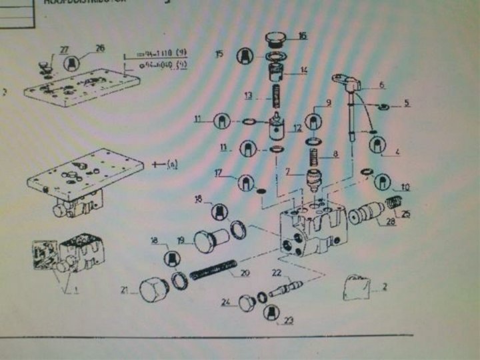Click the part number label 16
[x=302, y=36]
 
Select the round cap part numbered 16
[x=275, y=38]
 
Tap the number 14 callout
[x=303, y=69]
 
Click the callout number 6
[x=381, y=85]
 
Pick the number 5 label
[x=406, y=104]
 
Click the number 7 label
[x=289, y=171]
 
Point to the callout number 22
[x=275, y=271]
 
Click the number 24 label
[x=226, y=303]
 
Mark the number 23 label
[x=288, y=320]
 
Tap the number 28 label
[x=389, y=222]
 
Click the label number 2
[x=383, y=288]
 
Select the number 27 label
[x=63, y=49]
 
